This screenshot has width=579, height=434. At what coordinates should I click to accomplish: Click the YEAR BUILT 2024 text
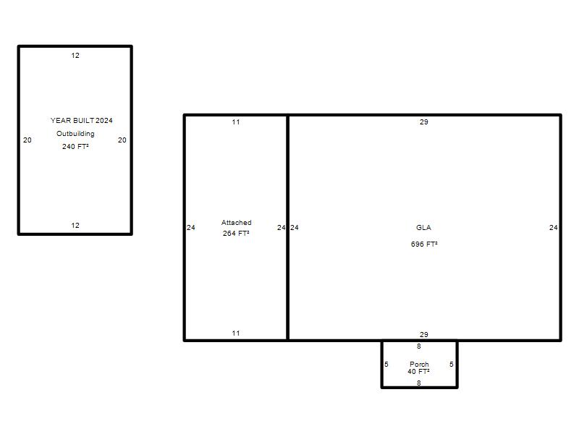point(82,120)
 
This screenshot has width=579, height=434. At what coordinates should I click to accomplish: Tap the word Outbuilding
point(75,134)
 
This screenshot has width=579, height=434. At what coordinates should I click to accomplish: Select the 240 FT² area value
point(75,147)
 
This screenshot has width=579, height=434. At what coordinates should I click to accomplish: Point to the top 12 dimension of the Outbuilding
point(75,56)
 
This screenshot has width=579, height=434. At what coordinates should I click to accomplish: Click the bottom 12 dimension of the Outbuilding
point(75,225)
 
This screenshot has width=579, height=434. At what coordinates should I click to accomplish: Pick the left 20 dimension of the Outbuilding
point(28,140)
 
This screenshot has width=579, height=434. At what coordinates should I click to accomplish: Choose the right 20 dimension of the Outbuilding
point(122,140)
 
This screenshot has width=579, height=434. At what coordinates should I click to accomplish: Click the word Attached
point(237,223)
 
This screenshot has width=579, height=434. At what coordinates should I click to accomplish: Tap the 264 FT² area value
point(236,233)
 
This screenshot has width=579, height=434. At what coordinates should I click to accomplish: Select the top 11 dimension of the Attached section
point(236,122)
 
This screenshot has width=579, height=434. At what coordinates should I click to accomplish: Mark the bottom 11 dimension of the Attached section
point(236,333)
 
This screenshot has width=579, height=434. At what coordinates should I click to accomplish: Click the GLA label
point(423,227)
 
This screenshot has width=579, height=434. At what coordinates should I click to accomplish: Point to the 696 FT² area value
point(424,244)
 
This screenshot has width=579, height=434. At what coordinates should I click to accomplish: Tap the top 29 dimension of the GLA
point(424,122)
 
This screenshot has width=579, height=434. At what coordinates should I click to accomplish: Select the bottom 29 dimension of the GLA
point(424,334)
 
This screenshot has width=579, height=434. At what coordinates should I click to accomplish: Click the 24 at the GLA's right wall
point(554,227)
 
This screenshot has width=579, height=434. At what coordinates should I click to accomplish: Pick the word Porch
point(420,365)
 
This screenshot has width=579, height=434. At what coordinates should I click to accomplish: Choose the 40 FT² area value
point(419,371)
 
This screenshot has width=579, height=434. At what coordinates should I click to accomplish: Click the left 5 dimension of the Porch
point(386,365)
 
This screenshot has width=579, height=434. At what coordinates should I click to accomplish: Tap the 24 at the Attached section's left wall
point(191,227)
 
